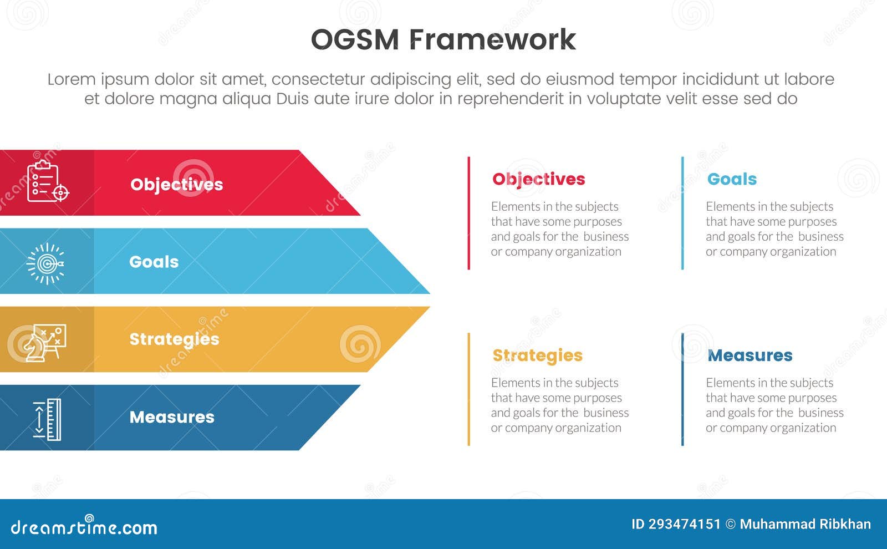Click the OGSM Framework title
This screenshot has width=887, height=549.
click(x=443, y=40)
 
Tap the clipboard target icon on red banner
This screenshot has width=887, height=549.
click(x=47, y=181)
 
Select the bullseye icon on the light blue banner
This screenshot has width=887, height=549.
click(x=46, y=263)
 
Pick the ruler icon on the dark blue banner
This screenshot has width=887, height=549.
click(x=47, y=419)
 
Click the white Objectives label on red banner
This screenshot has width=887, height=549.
click(x=176, y=184)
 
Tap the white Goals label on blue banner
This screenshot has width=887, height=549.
click(x=154, y=262)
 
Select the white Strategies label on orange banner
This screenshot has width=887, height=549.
click(x=174, y=339)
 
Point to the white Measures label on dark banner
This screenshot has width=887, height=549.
click(x=172, y=417)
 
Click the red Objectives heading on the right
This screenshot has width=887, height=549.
click(x=538, y=179)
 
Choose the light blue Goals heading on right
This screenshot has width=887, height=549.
click(x=732, y=179)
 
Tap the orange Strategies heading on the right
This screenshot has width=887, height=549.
click(x=537, y=355)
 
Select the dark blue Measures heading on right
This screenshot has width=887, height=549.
click(x=750, y=355)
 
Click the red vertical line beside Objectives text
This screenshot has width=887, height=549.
click(x=469, y=213)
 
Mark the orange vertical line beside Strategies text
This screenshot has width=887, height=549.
click(x=469, y=389)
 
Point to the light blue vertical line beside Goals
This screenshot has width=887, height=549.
click(x=682, y=213)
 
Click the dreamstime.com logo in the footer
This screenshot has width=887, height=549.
click(x=84, y=527)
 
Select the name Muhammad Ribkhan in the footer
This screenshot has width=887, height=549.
click(x=805, y=524)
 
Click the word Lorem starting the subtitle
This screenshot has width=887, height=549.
click(x=71, y=79)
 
